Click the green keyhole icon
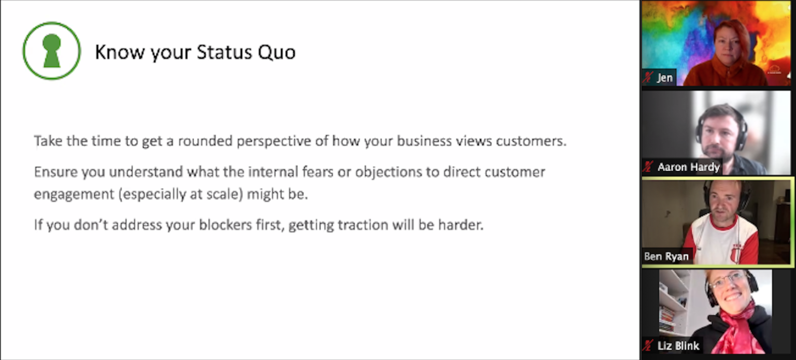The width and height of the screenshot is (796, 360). [x=52, y=51]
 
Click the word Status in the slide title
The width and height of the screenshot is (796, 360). [x=224, y=52]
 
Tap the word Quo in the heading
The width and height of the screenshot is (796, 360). [x=276, y=52]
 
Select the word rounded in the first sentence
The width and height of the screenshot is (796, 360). [x=205, y=141]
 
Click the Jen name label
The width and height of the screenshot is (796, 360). [x=664, y=78]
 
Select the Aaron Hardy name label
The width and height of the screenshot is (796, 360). [x=688, y=167]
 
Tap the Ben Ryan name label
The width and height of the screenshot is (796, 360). [x=666, y=256]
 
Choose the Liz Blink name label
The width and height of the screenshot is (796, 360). [x=678, y=346]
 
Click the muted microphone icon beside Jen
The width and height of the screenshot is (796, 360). [x=648, y=77]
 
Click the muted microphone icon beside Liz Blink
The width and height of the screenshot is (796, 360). [x=648, y=345]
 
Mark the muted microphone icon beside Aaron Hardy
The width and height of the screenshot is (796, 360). [x=648, y=166]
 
